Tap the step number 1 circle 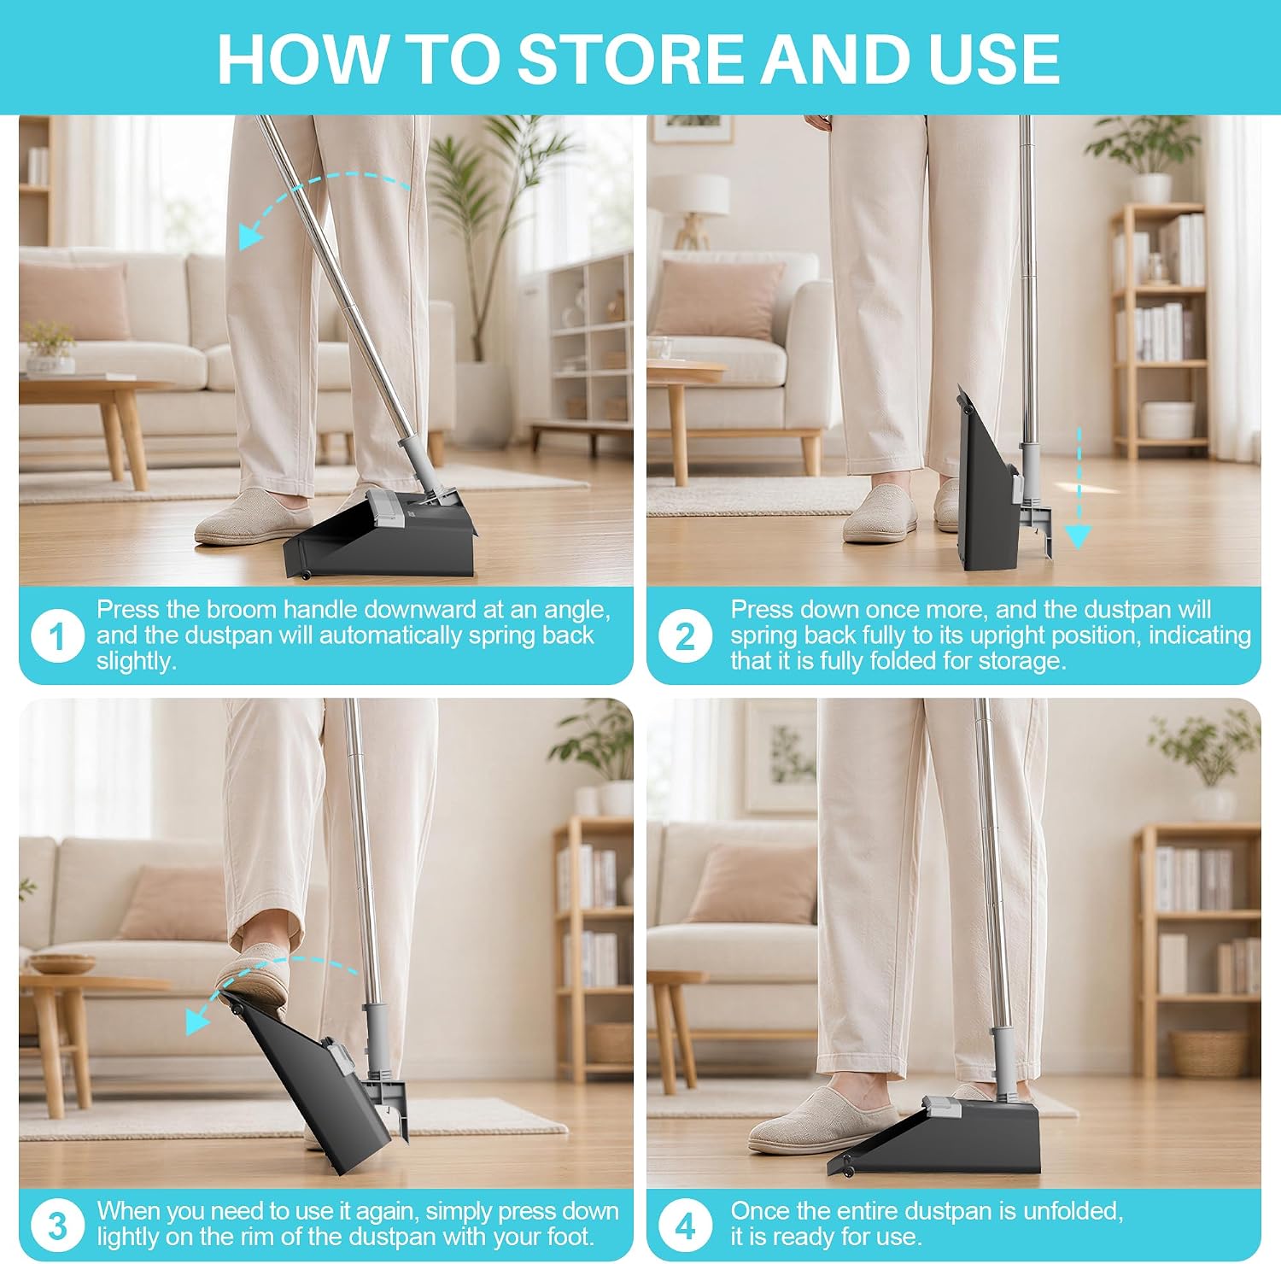click(57, 636)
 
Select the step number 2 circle click(685, 636)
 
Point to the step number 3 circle click(57, 1226)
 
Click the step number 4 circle click(685, 1226)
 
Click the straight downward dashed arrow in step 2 click(1079, 488)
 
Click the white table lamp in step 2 click(693, 209)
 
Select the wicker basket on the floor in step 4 click(1209, 1053)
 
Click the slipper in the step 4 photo click(821, 1119)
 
